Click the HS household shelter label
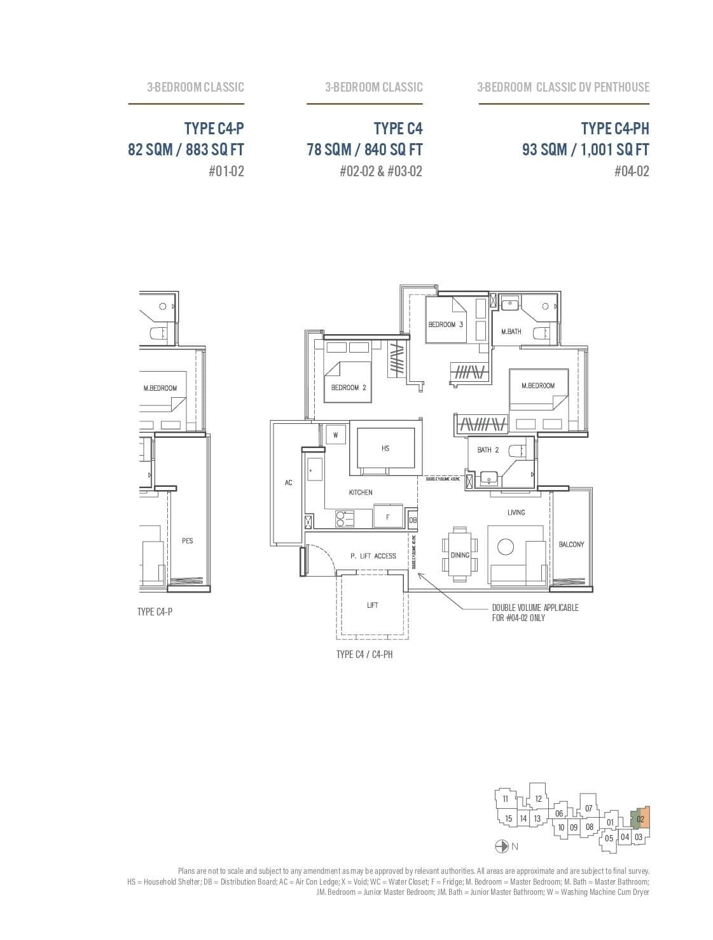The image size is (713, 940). (x=385, y=449)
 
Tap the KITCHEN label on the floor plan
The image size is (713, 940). (x=361, y=493)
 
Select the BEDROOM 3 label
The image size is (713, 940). (x=446, y=325)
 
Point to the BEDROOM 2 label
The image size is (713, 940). (x=349, y=388)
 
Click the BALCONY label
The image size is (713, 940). (x=571, y=545)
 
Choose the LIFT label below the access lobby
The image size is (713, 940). (x=373, y=605)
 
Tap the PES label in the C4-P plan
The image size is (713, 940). (x=187, y=541)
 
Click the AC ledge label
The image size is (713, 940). (x=288, y=483)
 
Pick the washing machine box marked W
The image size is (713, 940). (x=335, y=435)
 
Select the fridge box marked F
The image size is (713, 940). (x=388, y=517)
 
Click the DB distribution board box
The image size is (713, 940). (x=413, y=520)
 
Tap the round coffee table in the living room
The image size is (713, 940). (x=506, y=547)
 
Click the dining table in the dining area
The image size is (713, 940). (x=460, y=554)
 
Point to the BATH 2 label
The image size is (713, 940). (x=488, y=451)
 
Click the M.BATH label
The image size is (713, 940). (x=511, y=332)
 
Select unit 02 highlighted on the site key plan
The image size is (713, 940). (x=640, y=819)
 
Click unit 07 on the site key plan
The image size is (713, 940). (x=588, y=808)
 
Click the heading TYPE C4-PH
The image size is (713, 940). (x=614, y=129)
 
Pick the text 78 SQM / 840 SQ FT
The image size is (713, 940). (x=364, y=150)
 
